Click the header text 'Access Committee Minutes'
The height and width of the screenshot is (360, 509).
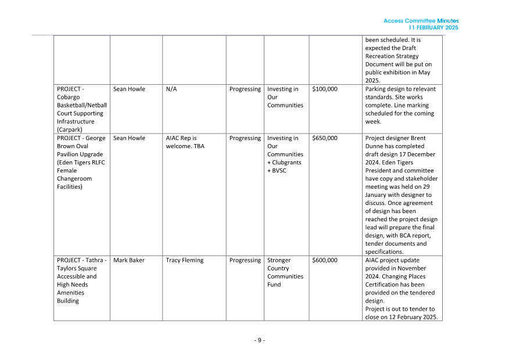point(421,21)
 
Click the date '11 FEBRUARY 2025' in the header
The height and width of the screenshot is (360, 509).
point(433,28)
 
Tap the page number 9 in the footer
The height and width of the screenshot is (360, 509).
point(260,340)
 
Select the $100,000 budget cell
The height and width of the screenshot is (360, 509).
point(324,89)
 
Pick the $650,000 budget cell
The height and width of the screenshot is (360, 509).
point(324,138)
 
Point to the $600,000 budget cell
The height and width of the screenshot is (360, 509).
point(324,260)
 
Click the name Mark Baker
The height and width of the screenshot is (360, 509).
point(129,260)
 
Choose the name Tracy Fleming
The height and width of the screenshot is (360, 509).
point(184,260)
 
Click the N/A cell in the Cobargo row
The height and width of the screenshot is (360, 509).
point(171,89)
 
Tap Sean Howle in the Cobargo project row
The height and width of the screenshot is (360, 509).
point(129,89)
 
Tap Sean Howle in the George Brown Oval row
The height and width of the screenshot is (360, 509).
point(129,138)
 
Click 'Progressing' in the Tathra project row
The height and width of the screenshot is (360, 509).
point(245,260)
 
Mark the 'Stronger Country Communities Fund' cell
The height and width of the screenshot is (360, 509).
point(285,272)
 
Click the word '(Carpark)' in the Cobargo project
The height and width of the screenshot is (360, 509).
point(69,130)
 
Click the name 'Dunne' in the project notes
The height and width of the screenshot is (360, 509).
point(375,154)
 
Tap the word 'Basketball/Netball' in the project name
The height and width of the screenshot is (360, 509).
point(82,106)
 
